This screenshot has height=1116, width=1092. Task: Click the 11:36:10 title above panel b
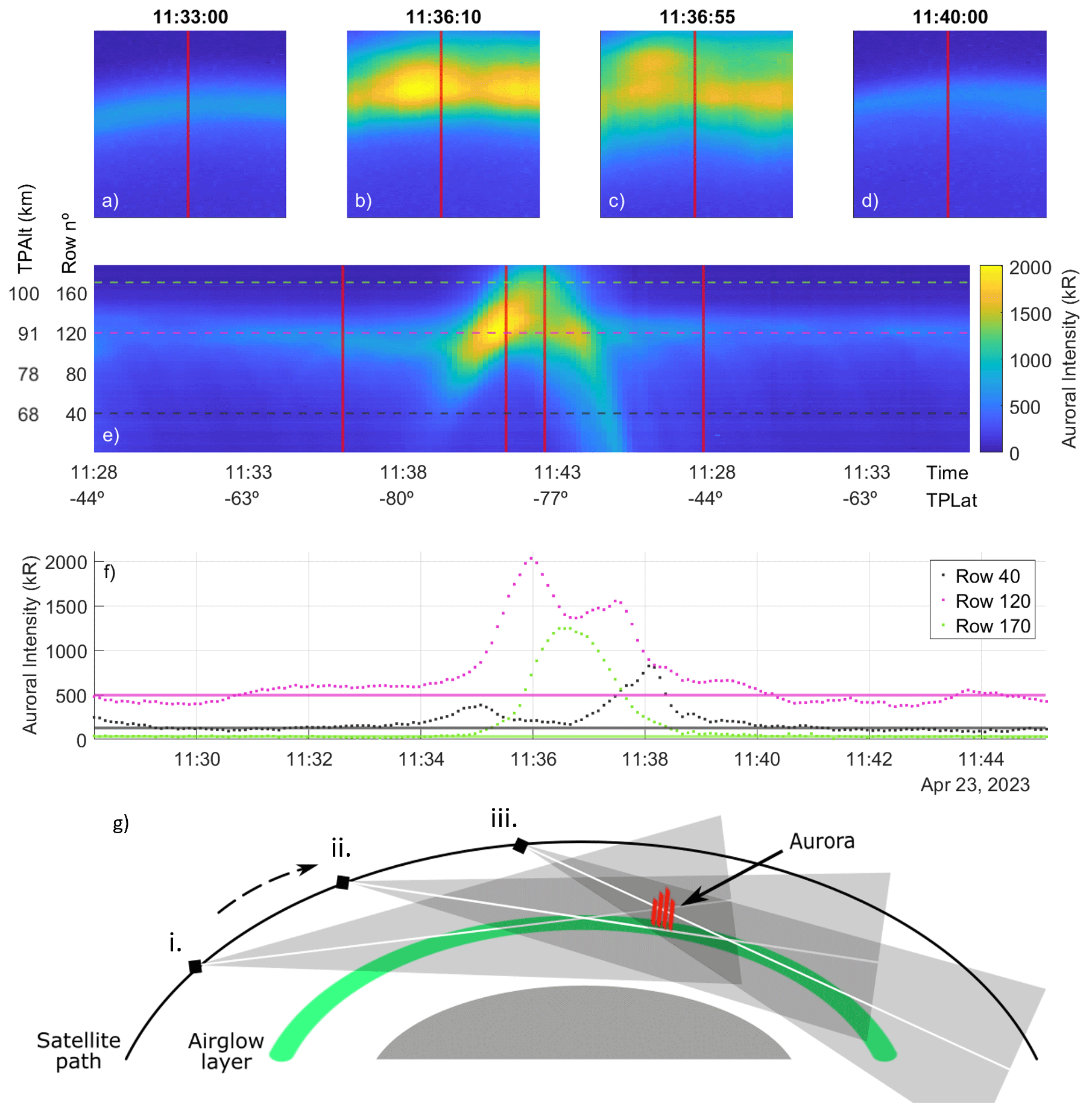tap(443, 17)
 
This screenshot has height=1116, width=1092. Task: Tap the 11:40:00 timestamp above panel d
tap(950, 17)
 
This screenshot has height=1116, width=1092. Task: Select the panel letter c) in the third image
tap(616, 201)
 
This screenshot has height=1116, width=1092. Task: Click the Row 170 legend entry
tap(993, 626)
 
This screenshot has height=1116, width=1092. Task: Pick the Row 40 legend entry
tap(987, 576)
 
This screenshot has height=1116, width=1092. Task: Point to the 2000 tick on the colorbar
tap(1030, 268)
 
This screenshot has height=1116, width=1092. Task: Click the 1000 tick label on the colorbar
tap(1030, 361)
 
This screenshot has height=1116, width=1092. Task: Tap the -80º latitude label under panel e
tap(396, 499)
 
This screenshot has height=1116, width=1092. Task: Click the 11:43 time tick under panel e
tap(557, 472)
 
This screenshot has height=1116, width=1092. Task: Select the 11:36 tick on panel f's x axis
tap(533, 758)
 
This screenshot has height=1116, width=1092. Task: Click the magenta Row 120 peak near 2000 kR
tap(531, 559)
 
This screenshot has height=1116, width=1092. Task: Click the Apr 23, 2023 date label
tap(974, 784)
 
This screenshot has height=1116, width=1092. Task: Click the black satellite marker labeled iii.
tap(520, 846)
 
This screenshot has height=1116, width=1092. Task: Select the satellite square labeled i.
tap(195, 966)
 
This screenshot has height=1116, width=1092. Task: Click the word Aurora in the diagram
tap(821, 841)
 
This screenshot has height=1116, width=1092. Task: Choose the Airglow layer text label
tap(226, 1051)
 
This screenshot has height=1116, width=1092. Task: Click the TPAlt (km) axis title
tap(25, 229)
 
